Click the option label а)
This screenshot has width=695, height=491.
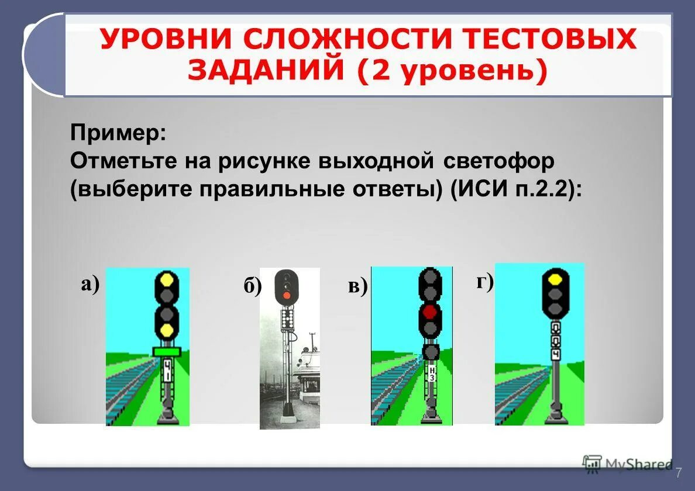pyautogui.click(x=91, y=284)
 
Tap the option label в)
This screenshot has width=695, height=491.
pyautogui.click(x=357, y=286)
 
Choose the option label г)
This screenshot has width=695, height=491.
pyautogui.click(x=485, y=282)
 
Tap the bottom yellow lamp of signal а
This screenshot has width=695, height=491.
pyautogui.click(x=167, y=331)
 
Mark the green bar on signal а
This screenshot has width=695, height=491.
pyautogui.click(x=167, y=351)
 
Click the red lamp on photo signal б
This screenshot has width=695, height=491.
pyautogui.click(x=286, y=295)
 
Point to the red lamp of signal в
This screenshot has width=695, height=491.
pyautogui.click(x=430, y=312)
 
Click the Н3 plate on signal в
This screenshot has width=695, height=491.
pyautogui.click(x=431, y=374)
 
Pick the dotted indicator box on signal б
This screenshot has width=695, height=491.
pyautogui.click(x=286, y=319)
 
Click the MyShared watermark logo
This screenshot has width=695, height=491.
pyautogui.click(x=627, y=464)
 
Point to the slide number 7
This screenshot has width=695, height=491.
pyautogui.click(x=679, y=473)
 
